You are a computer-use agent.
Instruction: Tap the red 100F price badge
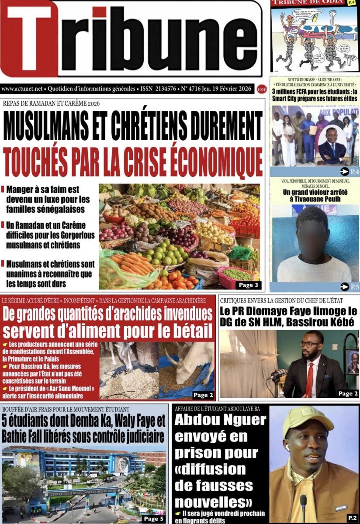click(262, 89)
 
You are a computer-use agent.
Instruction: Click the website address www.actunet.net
click(22, 89)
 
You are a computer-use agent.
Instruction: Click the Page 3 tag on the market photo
click(247, 285)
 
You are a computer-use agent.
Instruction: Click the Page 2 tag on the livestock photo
click(203, 395)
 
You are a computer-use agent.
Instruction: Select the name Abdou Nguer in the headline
click(220, 421)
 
